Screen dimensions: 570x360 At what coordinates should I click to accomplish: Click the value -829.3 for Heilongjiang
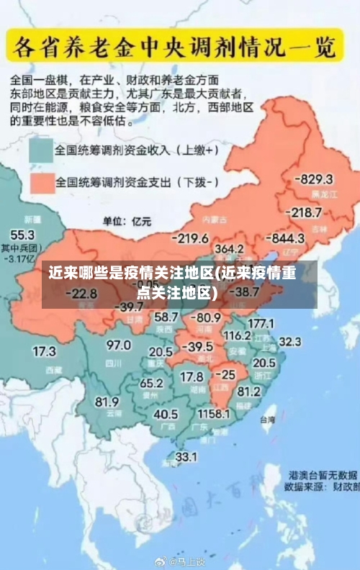tap(316, 179)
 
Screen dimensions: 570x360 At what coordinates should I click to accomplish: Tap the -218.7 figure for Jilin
tap(303, 212)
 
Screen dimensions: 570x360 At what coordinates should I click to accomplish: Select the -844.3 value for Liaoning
tap(285, 237)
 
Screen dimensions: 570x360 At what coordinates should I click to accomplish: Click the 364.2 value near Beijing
tap(229, 249)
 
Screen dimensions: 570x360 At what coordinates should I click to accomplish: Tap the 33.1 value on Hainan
tap(186, 456)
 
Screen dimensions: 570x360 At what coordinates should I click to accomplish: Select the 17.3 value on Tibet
tap(44, 352)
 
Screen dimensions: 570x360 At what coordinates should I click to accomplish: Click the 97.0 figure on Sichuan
tap(119, 345)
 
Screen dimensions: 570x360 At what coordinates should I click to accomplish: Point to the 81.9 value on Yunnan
tap(107, 401)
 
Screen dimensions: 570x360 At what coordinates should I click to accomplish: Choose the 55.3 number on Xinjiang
tap(22, 235)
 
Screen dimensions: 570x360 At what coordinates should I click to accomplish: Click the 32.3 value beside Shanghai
tap(289, 341)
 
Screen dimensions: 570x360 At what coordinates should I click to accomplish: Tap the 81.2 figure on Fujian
tap(248, 392)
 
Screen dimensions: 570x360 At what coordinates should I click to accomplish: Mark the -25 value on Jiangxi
tap(225, 375)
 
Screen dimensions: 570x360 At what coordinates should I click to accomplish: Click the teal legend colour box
tap(41, 151)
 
